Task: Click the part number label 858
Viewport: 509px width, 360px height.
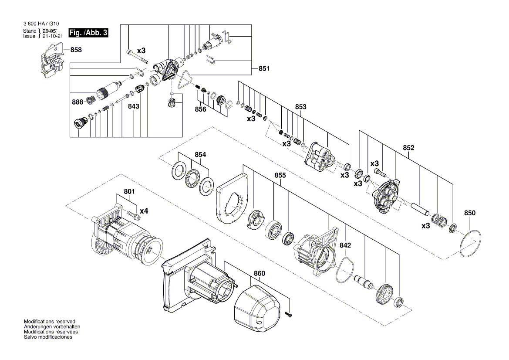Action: click(x=76, y=50)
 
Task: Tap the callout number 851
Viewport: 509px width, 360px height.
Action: click(x=264, y=68)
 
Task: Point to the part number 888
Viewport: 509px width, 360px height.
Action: click(x=78, y=102)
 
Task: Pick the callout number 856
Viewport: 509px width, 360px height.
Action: click(x=201, y=109)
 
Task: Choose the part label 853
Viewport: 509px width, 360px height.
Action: click(x=300, y=107)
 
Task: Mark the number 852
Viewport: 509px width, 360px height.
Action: click(x=408, y=148)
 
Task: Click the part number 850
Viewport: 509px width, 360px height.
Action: click(x=470, y=213)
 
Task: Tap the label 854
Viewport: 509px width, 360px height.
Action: click(x=200, y=155)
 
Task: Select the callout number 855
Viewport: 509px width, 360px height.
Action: click(x=280, y=175)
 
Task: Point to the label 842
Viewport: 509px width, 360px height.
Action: click(x=345, y=246)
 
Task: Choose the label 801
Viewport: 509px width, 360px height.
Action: click(x=129, y=191)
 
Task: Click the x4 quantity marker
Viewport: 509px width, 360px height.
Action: click(x=143, y=211)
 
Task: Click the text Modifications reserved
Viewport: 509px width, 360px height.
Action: click(x=50, y=321)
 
